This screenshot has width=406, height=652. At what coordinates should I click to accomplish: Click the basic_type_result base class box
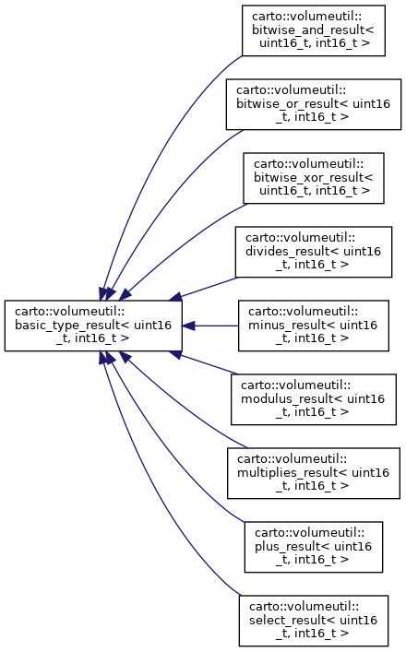(93, 326)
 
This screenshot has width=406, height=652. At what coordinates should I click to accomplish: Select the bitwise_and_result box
(313, 30)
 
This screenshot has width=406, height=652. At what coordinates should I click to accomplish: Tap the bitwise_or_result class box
(314, 104)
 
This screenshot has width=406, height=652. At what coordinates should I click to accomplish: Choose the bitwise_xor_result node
(313, 178)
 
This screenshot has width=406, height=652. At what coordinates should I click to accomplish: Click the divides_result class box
(313, 252)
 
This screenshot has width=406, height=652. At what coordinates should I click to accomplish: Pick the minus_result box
(313, 326)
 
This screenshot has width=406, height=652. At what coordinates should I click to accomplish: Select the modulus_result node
(313, 399)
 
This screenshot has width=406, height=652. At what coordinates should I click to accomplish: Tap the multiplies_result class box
(313, 473)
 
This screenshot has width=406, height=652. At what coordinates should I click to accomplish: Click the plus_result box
(313, 547)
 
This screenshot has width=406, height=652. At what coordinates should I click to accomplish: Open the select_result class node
(313, 621)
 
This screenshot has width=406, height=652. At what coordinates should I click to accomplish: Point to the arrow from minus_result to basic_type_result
(210, 326)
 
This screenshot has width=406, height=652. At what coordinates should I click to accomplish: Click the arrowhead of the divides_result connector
(175, 297)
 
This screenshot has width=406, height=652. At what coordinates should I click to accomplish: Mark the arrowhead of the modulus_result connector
(175, 354)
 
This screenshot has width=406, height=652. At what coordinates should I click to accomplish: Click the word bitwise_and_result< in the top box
(313, 30)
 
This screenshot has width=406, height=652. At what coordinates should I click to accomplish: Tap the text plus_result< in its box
(294, 546)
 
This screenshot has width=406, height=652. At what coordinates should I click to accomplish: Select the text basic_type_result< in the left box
(73, 326)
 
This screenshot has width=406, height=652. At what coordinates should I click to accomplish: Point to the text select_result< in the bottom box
(293, 620)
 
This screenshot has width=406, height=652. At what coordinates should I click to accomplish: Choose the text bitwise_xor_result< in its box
(313, 178)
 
